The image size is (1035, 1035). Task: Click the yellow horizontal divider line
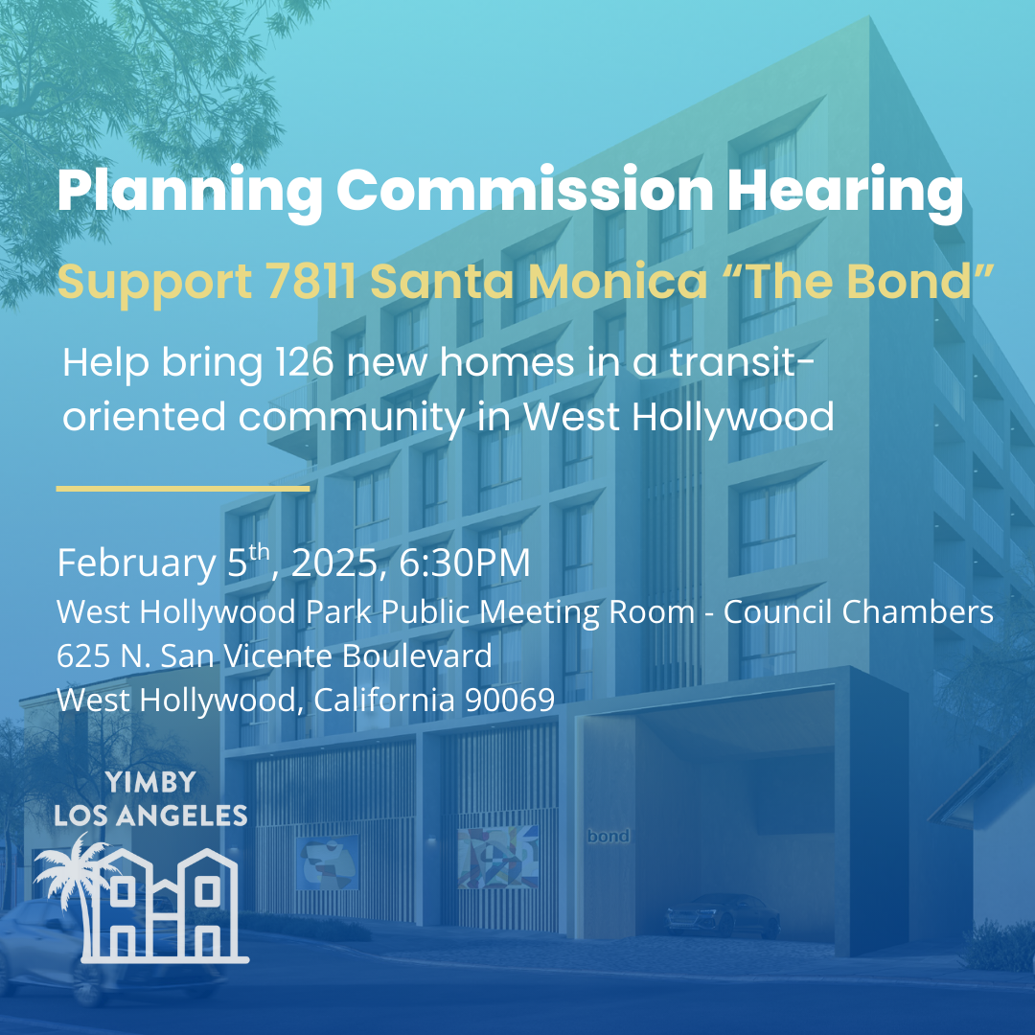click(182, 489)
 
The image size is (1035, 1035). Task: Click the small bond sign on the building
click(608, 837)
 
